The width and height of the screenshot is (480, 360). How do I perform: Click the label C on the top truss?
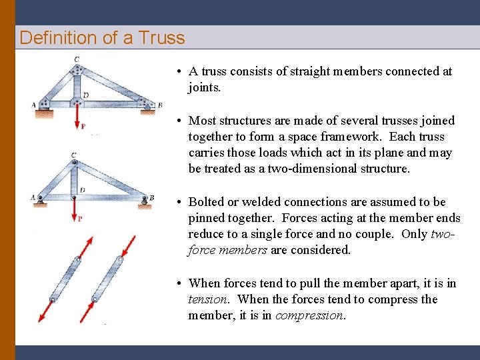coord(77,59)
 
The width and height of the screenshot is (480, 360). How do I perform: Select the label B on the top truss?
coord(159,105)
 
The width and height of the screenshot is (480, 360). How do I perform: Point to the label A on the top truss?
coord(34,105)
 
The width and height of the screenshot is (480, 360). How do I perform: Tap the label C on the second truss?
coord(73,155)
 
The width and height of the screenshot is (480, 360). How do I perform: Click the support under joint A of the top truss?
coord(44,113)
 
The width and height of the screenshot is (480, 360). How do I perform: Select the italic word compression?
coord(308,315)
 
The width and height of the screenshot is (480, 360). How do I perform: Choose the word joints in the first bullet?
coord(205,87)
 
